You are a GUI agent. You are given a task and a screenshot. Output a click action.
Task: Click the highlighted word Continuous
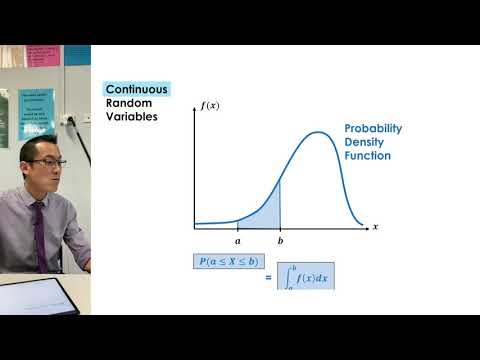click(137, 89)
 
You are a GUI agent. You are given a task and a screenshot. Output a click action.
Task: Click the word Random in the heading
click(128, 103)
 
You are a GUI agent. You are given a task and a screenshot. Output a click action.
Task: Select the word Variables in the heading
click(132, 117)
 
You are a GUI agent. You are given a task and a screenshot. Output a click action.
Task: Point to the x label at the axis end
click(375, 227)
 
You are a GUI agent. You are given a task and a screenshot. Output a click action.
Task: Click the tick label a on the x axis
click(238, 241)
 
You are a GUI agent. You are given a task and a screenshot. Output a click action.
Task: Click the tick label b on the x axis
click(280, 241)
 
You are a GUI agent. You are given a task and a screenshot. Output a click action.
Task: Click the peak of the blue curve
click(319, 133)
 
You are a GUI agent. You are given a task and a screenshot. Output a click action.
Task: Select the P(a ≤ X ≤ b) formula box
click(229, 262)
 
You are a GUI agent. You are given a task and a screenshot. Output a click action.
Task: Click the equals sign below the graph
click(268, 277)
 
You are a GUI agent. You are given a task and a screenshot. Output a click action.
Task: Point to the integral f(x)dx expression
click(306, 276)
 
